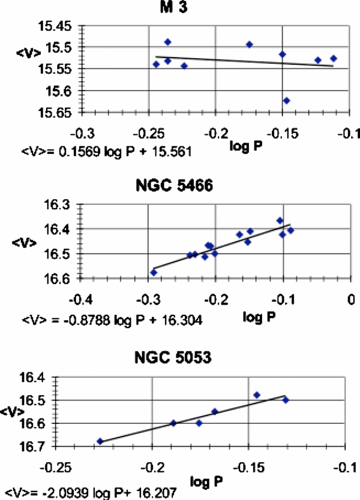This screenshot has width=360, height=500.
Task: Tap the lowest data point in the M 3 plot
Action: coord(286,100)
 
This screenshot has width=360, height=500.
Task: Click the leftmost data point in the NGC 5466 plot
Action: coord(154,272)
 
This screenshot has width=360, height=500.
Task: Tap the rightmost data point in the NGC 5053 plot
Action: coord(286,400)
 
